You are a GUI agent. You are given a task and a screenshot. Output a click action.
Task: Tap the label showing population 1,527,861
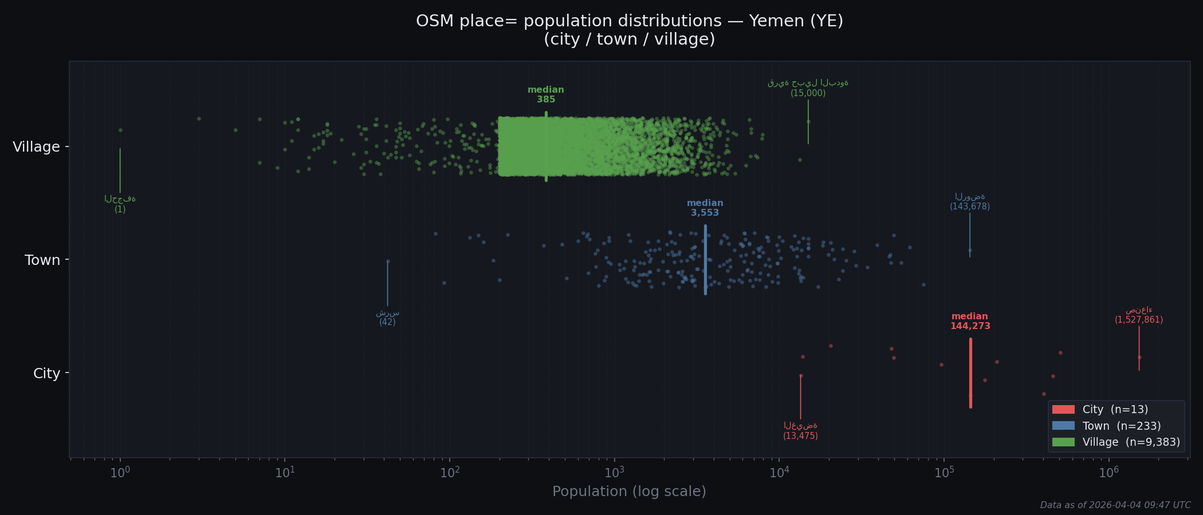click(x=1138, y=320)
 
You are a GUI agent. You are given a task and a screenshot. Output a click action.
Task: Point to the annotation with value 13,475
click(x=800, y=436)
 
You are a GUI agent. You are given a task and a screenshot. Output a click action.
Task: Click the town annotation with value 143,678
click(x=969, y=207)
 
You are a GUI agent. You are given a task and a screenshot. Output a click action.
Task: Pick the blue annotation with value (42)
click(x=387, y=322)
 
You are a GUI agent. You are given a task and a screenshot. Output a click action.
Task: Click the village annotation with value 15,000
click(x=808, y=93)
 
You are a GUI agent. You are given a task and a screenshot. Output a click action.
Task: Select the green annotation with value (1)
click(x=120, y=209)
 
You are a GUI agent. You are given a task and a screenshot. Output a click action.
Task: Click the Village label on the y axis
click(x=36, y=147)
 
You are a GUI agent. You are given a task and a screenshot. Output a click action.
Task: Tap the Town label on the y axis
click(x=42, y=260)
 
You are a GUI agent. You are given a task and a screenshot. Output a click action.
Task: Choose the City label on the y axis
click(x=46, y=374)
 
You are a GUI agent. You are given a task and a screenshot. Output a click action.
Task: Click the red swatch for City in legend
click(x=1063, y=410)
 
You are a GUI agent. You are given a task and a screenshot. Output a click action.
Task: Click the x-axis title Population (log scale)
click(x=629, y=492)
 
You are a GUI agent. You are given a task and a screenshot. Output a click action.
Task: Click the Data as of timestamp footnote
click(x=1115, y=505)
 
